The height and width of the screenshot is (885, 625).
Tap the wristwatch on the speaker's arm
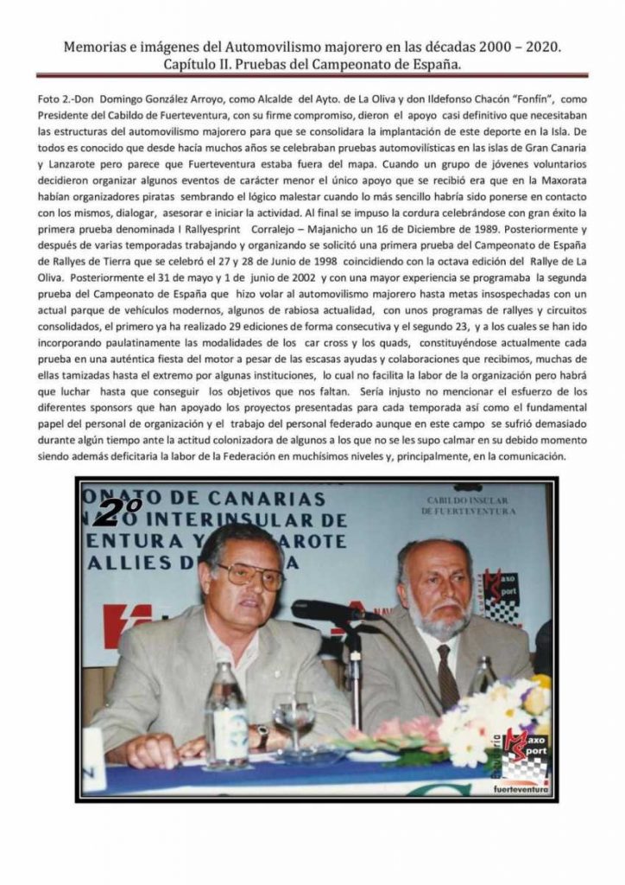click(262, 735)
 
